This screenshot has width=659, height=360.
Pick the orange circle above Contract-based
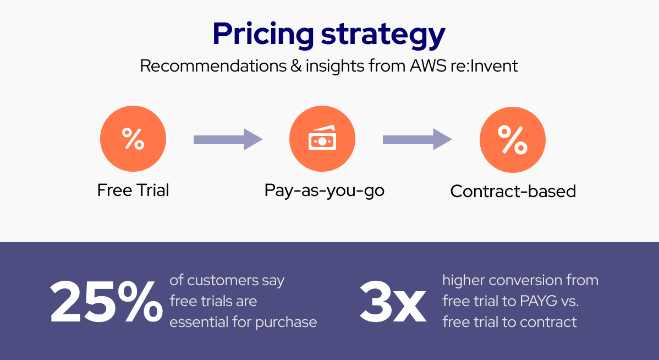pos(513,139)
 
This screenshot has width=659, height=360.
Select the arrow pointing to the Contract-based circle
pos(417,139)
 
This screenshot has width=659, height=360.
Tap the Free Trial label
pos(133,190)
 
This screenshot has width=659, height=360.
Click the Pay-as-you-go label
pos(324,191)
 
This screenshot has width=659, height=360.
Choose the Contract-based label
pos(513,192)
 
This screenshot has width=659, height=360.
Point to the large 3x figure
pos(393,302)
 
